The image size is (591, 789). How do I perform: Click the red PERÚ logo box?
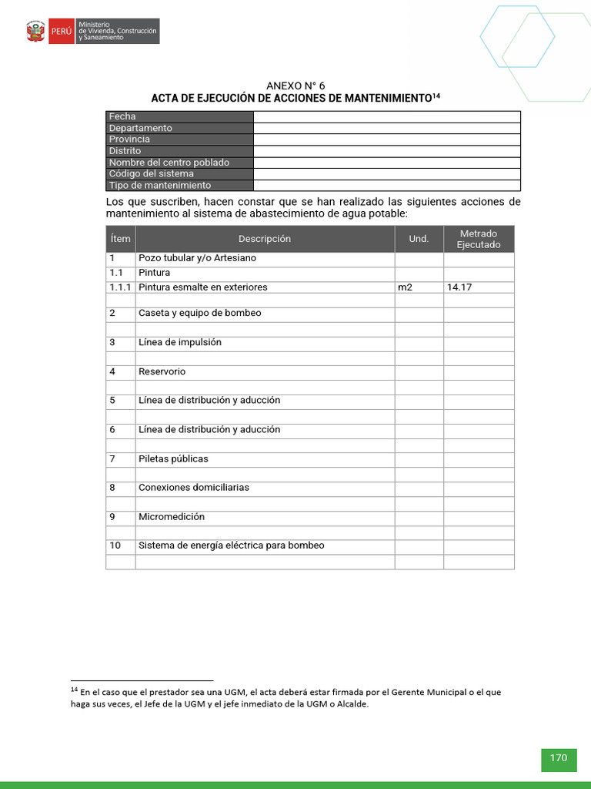point(61,32)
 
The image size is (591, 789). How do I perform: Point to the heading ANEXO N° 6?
point(295,86)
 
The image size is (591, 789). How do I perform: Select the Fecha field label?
point(122,116)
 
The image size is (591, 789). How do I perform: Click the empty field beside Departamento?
point(386,128)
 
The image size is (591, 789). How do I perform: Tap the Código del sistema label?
point(151,174)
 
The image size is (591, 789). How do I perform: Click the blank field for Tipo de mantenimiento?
point(386,186)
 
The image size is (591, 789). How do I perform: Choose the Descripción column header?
point(265,239)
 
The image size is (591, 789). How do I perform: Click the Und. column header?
point(419,239)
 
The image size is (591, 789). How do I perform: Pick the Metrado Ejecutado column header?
point(479,239)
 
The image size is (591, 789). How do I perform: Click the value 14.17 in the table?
point(459,287)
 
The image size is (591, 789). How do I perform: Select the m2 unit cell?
point(405,287)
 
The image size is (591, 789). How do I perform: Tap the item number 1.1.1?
point(120,287)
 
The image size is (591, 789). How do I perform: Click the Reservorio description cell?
point(162,371)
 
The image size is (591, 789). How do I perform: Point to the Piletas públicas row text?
point(173,458)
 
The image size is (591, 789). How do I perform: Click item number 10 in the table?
point(115,546)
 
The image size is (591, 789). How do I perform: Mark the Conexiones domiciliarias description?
point(194,488)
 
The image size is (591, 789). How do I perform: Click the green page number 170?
point(558,758)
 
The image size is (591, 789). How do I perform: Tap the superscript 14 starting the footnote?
point(75,690)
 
